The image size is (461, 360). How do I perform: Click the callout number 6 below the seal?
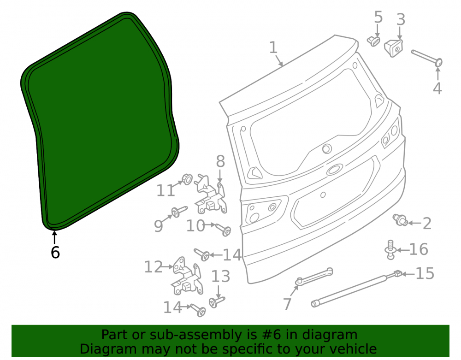tap(55, 252)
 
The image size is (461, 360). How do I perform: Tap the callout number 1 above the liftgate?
tap(273, 47)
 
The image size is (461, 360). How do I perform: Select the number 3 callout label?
tap(401, 19)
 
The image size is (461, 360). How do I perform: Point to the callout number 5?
tap(378, 17)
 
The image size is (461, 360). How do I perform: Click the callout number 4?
tap(437, 88)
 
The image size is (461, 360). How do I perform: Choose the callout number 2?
tap(427, 224)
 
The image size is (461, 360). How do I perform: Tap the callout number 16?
tap(419, 249)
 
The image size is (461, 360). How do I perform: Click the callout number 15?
tap(425, 274)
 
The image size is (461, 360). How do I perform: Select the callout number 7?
tap(287, 304)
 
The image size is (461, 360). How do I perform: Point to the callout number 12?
tap(153, 267)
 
